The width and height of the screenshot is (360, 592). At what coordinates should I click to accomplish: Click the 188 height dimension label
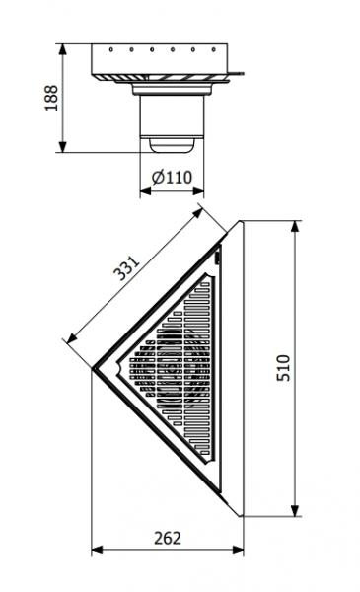(51, 98)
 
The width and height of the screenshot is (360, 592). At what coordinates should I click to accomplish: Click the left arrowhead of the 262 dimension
(96, 549)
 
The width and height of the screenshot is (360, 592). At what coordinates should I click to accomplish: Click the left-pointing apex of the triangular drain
(95, 369)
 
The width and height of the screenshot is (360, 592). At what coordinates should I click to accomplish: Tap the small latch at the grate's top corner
(218, 258)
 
